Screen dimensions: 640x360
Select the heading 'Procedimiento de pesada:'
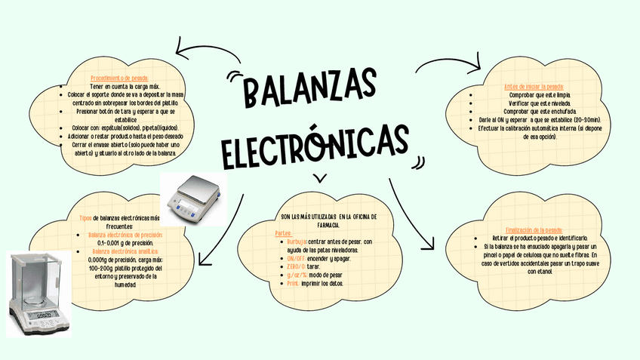pyautogui.click(x=120, y=78)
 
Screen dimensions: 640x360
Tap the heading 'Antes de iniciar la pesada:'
pyautogui.click(x=534, y=87)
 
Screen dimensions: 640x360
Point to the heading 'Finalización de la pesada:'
pyautogui.click(x=534, y=229)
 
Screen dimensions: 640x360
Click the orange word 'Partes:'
pyautogui.click(x=284, y=233)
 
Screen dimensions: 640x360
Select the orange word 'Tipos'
pyautogui.click(x=85, y=218)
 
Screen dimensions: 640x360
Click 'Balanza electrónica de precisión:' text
pyautogui.click(x=125, y=235)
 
